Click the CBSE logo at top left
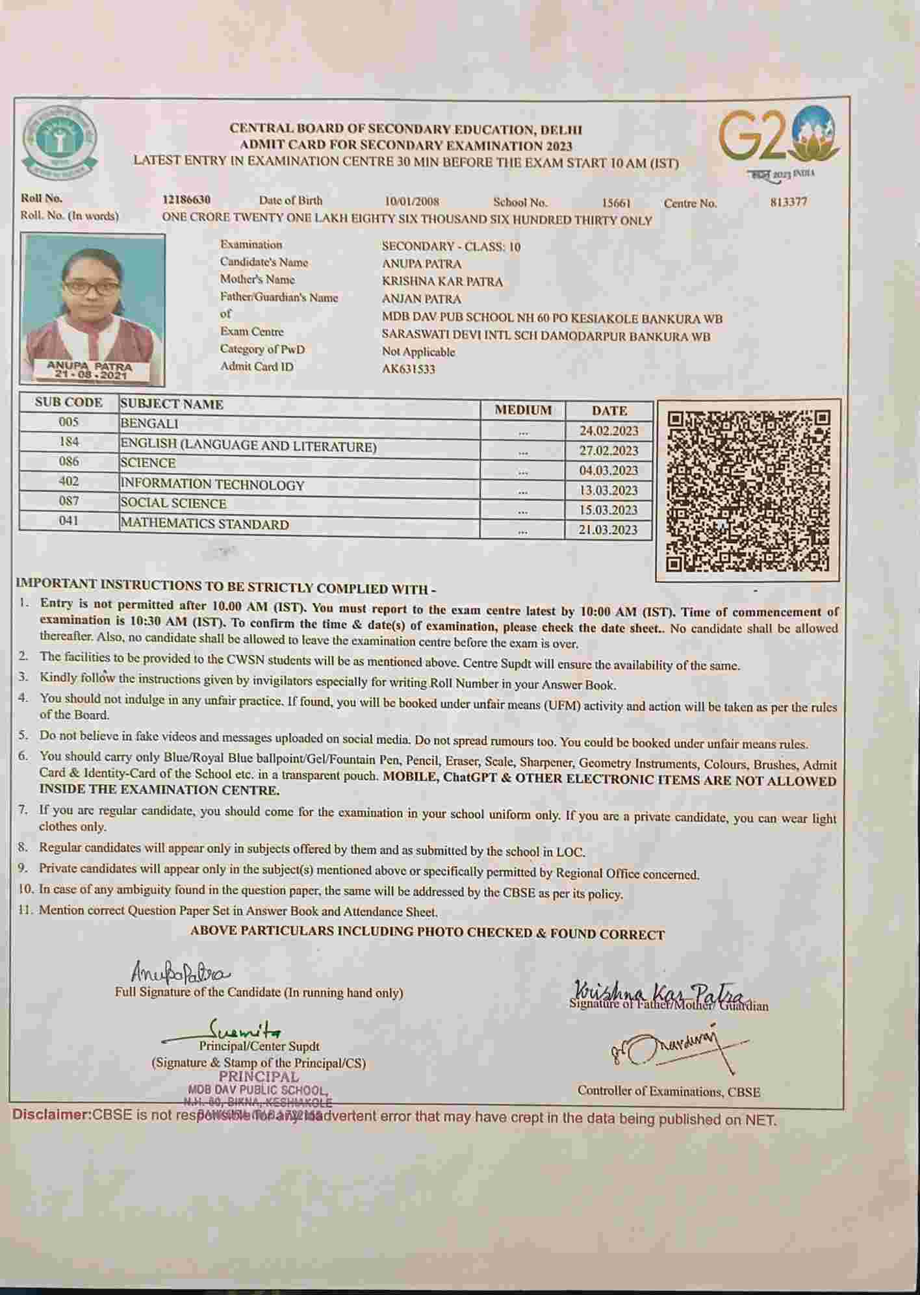tap(60, 144)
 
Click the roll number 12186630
tap(186, 200)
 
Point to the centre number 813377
tap(788, 202)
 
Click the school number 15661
tap(616, 203)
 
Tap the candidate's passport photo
tap(92, 309)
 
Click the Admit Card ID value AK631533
tap(409, 369)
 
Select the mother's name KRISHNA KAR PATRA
tap(442, 281)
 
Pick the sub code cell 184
tap(69, 442)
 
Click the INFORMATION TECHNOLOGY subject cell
tap(212, 485)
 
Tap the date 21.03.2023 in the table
tap(608, 530)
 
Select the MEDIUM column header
tap(523, 410)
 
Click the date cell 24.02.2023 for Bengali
tap(609, 431)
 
